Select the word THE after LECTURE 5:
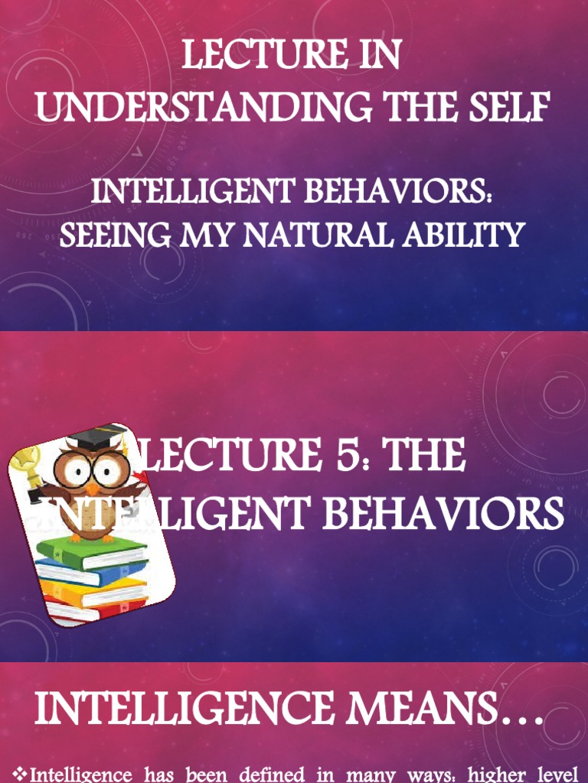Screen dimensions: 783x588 (x=424, y=456)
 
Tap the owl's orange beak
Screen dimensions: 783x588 (x=92, y=489)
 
